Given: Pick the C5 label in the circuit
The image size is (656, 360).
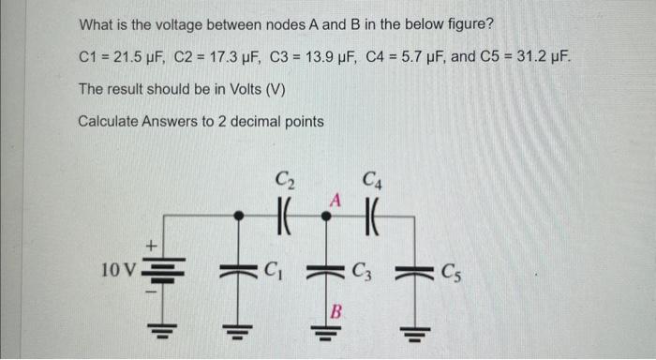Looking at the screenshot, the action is tap(451, 275).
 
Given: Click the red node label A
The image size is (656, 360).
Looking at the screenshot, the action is tap(333, 200).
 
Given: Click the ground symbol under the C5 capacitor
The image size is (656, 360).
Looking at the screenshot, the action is tap(415, 330).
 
